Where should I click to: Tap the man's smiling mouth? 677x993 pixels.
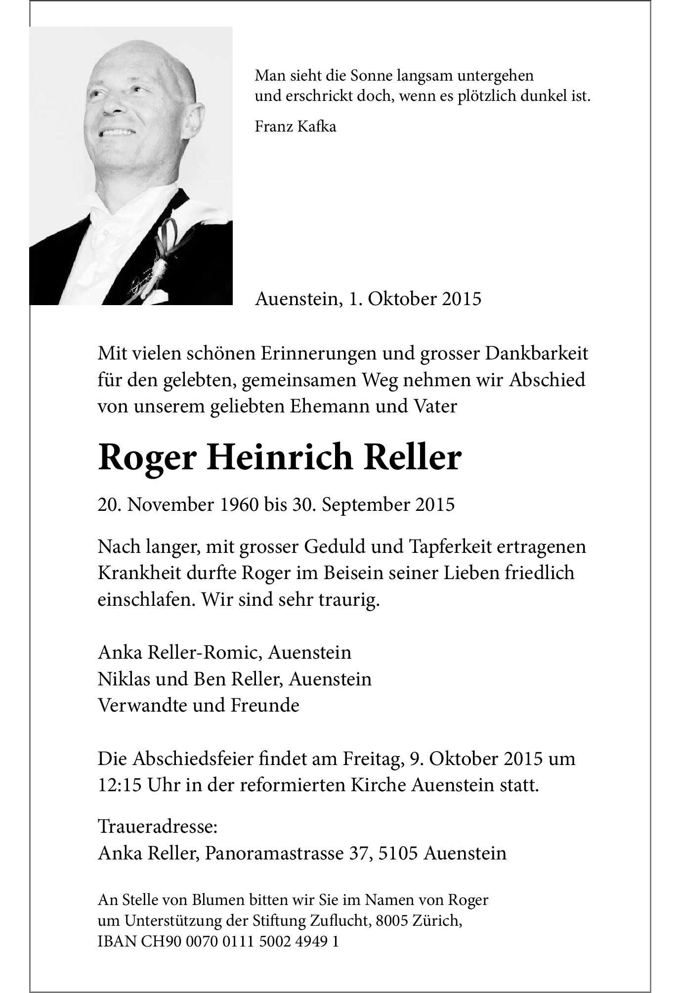pos(117,133)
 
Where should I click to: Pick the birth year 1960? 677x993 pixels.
pos(236,504)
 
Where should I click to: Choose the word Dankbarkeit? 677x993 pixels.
pos(537,354)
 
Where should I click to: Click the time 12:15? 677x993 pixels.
pos(118,785)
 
